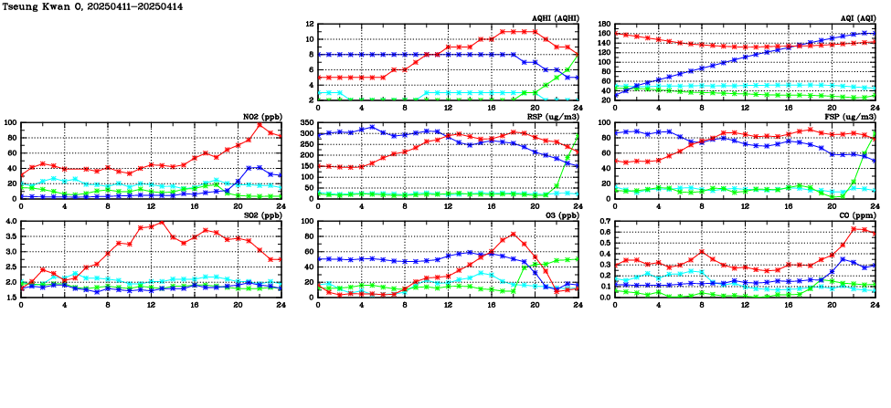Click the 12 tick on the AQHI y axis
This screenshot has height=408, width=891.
coord(309,25)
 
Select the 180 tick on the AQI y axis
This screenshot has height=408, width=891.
coord(604,25)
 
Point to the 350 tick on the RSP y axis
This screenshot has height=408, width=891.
coord(307,122)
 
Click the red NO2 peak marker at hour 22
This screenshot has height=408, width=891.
coord(259,125)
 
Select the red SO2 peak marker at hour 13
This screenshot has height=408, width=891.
coord(162,222)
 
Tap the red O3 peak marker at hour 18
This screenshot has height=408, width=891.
coord(513,234)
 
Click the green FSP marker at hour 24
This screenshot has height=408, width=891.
coord(875,134)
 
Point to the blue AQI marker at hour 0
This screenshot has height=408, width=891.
coord(615,95)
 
